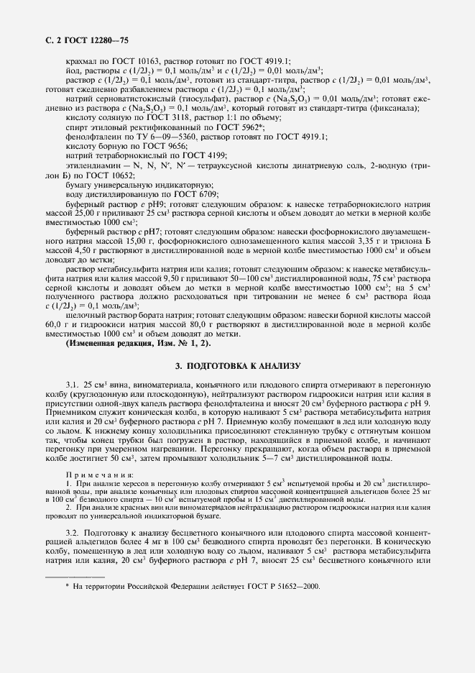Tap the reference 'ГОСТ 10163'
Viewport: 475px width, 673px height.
click(142, 62)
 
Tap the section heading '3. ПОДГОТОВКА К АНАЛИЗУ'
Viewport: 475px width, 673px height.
click(237, 366)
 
